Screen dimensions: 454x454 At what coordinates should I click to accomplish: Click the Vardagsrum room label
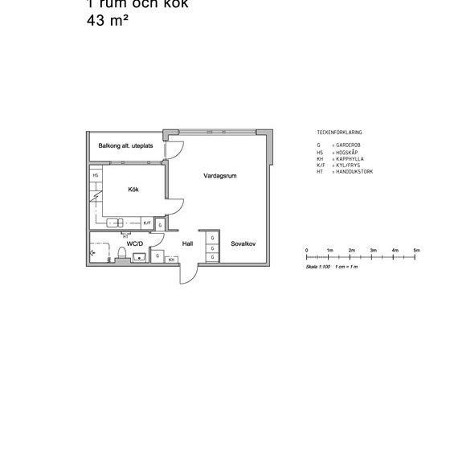click(219, 174)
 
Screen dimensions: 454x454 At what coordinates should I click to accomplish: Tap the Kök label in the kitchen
click(133, 190)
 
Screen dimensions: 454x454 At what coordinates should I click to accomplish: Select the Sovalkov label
click(243, 243)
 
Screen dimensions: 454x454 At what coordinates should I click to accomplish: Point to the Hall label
click(187, 243)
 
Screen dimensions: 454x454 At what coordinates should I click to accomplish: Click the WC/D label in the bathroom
click(134, 243)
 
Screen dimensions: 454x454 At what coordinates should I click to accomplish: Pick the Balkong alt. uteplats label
click(124, 146)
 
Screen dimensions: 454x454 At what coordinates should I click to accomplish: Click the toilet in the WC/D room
click(121, 255)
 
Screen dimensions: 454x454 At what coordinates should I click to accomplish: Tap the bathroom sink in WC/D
click(140, 257)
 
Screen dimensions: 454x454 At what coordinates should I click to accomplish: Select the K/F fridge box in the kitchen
click(147, 223)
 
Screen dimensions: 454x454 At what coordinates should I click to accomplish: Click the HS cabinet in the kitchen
click(96, 175)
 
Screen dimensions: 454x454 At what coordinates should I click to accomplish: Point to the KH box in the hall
click(172, 260)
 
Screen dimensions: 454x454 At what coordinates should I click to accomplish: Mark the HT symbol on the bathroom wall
click(93, 251)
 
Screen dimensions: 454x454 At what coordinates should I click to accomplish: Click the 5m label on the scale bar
click(416, 251)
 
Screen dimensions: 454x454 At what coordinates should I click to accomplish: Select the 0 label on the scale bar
click(308, 251)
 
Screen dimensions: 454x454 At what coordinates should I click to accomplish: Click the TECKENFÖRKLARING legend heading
click(339, 131)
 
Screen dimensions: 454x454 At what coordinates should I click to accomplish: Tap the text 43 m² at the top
click(108, 22)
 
